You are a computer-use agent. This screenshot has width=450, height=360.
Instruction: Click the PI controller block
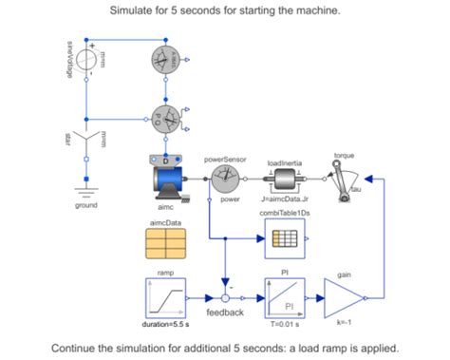pyautogui.click(x=284, y=297)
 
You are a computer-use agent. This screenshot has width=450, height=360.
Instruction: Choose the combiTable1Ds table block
pyautogui.click(x=284, y=243)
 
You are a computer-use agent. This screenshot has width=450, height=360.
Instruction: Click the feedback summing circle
pyautogui.click(x=226, y=297)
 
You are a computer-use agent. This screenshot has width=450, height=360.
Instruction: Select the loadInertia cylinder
pyautogui.click(x=284, y=178)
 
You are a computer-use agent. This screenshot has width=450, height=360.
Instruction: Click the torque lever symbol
pyautogui.click(x=344, y=178)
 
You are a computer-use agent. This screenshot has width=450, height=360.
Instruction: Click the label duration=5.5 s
pyautogui.click(x=165, y=326)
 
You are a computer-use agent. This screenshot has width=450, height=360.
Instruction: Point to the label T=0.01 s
pyautogui.click(x=284, y=326)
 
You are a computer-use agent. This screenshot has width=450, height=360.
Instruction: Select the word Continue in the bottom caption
pyautogui.click(x=80, y=347)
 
